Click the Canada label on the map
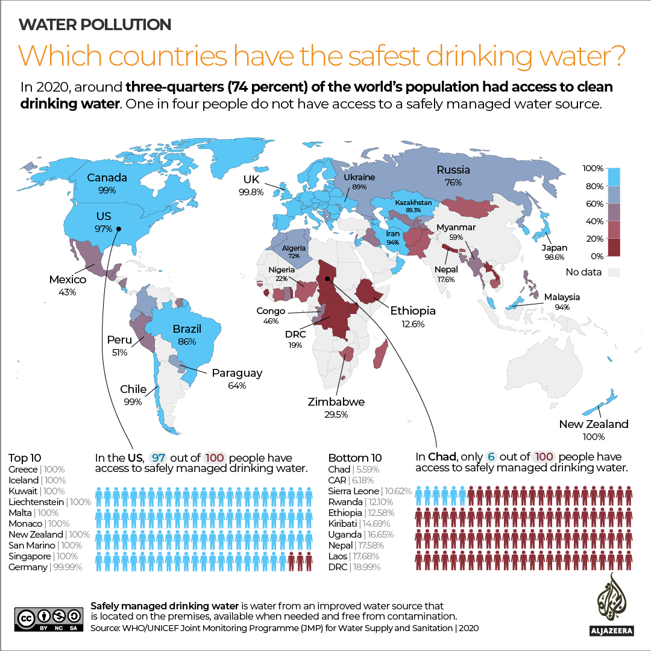point(107,178)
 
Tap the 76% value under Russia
point(453,182)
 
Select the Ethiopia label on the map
point(415,312)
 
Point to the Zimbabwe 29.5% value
point(336,415)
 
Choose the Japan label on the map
point(554,248)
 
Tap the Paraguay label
point(237,373)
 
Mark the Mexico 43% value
point(67,292)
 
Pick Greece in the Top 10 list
point(23,470)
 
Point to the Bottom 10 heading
point(356,458)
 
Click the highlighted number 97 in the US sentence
point(159,458)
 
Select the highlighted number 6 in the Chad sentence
point(491,457)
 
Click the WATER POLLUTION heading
point(95,25)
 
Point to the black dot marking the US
point(119,228)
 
